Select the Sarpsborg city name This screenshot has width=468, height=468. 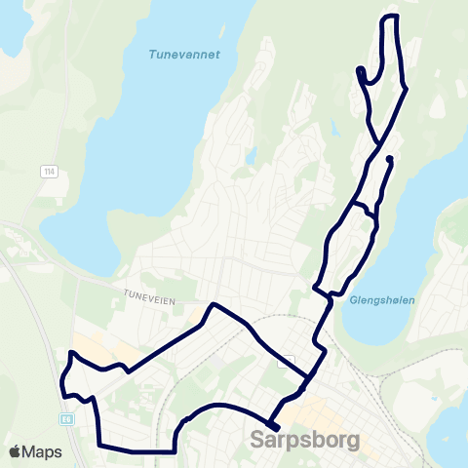pos(305,440)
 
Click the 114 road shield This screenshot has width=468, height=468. pos(49,172)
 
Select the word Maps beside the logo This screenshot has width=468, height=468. pos(44,451)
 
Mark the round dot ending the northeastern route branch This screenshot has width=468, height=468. pos(389,158)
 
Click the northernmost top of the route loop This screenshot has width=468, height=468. pos(390,17)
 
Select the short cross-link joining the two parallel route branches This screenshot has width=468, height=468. pos(363,209)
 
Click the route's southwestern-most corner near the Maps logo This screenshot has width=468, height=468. pos(100,446)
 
